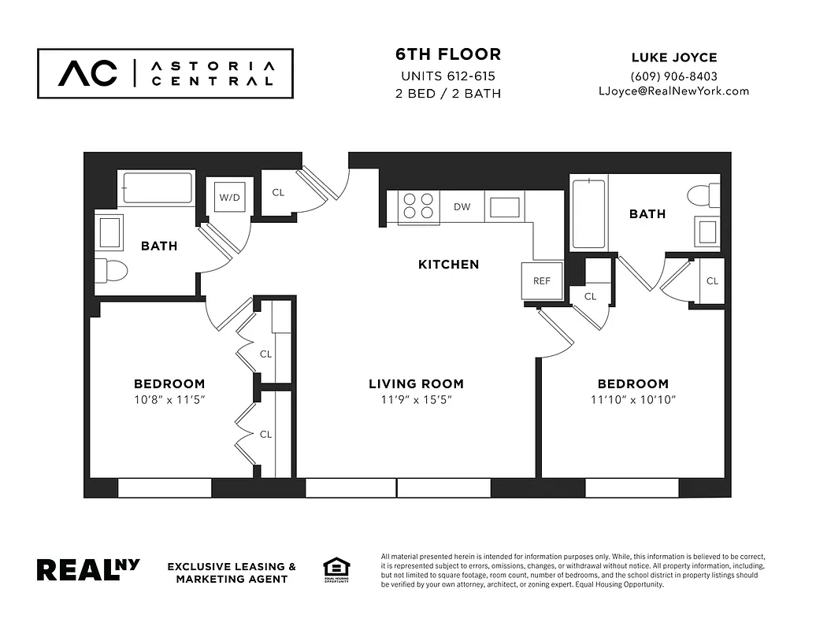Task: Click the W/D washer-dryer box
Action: (x=230, y=197)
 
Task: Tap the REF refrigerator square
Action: (x=542, y=280)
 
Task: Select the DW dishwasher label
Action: (x=462, y=207)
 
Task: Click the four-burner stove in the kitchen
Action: (x=418, y=206)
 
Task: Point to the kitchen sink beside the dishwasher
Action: (x=504, y=207)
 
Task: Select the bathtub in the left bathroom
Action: (x=158, y=188)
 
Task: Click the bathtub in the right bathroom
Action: (x=588, y=213)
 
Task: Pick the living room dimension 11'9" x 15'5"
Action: (x=416, y=399)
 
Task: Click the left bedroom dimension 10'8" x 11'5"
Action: (x=169, y=399)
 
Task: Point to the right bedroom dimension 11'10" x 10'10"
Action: (x=632, y=399)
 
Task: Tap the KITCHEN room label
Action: (x=448, y=265)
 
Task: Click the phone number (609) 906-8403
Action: (x=673, y=76)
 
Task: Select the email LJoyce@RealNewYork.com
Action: (x=673, y=91)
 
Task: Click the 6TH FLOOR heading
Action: (x=447, y=54)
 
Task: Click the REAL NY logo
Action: (x=88, y=569)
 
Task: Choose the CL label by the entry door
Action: (x=278, y=193)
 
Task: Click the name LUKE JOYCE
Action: (x=673, y=57)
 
